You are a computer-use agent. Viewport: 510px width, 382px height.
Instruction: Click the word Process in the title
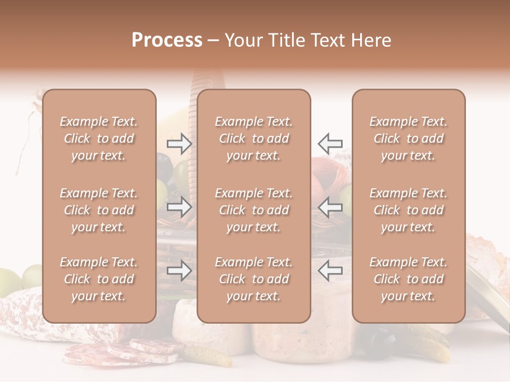pyautogui.click(x=167, y=40)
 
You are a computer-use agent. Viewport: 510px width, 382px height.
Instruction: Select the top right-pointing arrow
pyautogui.click(x=179, y=143)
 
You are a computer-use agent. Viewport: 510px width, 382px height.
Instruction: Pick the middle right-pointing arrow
pyautogui.click(x=179, y=207)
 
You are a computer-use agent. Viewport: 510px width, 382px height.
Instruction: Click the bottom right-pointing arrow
pyautogui.click(x=179, y=271)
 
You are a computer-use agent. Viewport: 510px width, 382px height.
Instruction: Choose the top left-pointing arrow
pyautogui.click(x=330, y=143)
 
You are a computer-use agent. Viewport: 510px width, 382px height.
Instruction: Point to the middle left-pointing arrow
pyautogui.click(x=330, y=207)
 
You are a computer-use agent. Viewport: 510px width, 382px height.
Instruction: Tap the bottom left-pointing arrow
pyautogui.click(x=330, y=271)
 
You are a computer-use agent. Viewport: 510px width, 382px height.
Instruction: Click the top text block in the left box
pyautogui.click(x=99, y=138)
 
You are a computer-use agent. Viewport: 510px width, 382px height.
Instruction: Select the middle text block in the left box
pyautogui.click(x=99, y=210)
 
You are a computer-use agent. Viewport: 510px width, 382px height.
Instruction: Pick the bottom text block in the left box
pyautogui.click(x=99, y=279)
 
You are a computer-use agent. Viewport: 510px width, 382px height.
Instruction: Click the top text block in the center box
pyautogui.click(x=253, y=138)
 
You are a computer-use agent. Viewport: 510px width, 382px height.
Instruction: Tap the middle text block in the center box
pyautogui.click(x=253, y=210)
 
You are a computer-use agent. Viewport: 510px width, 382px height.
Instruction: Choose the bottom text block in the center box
pyautogui.click(x=253, y=279)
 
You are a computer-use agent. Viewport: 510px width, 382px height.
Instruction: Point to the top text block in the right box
pyautogui.click(x=408, y=138)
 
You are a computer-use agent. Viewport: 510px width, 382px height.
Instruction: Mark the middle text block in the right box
pyautogui.click(x=408, y=210)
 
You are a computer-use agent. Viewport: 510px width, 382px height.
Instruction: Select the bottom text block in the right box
pyautogui.click(x=408, y=279)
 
